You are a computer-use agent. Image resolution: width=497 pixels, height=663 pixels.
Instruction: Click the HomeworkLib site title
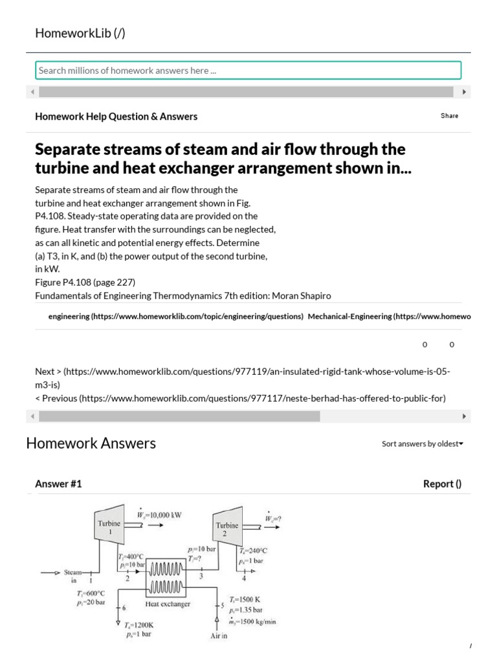click(80, 34)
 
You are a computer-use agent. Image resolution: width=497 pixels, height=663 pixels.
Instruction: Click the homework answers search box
click(248, 71)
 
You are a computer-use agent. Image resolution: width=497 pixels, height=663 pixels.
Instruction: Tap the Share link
click(449, 116)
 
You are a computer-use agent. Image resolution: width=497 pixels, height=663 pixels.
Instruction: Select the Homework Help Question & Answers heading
click(116, 117)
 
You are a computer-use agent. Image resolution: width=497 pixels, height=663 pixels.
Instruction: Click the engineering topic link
click(176, 317)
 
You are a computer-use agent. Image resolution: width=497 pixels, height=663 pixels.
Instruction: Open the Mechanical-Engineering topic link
click(388, 317)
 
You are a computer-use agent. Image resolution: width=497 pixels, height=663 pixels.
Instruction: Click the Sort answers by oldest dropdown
click(422, 444)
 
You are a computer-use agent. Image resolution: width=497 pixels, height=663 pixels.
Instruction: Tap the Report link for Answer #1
click(442, 484)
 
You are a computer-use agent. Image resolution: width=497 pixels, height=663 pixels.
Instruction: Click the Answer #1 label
click(58, 484)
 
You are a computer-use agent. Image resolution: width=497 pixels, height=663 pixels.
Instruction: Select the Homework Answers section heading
click(91, 444)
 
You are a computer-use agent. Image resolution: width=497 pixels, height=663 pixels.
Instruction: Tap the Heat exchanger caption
click(168, 604)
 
